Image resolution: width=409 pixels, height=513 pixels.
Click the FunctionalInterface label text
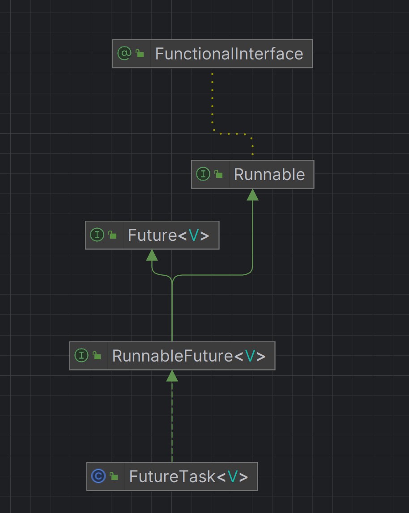[229, 54]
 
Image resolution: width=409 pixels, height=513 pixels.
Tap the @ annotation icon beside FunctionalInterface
[124, 54]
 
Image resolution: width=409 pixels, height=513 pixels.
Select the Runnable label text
[269, 174]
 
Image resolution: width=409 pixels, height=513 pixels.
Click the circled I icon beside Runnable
[203, 174]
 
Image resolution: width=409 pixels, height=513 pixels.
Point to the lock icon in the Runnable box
[219, 174]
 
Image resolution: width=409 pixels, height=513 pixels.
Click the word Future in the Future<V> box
[152, 235]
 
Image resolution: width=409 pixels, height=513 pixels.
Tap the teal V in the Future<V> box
[193, 235]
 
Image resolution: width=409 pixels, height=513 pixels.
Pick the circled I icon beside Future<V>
[97, 235]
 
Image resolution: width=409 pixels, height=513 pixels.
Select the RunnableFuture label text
[172, 356]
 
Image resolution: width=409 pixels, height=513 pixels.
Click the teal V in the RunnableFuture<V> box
[250, 356]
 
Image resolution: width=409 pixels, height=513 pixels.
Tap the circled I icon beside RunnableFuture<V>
[81, 356]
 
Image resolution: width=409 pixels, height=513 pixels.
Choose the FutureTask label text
[172, 476]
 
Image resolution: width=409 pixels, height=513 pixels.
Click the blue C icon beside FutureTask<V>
[98, 476]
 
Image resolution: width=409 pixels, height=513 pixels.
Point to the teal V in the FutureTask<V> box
[232, 477]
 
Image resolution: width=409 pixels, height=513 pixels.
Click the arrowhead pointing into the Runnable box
[253, 194]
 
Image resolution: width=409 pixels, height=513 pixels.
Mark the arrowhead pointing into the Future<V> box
[152, 255]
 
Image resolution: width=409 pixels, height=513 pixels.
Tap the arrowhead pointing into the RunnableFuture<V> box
[172, 376]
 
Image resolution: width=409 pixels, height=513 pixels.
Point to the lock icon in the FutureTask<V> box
[114, 476]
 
